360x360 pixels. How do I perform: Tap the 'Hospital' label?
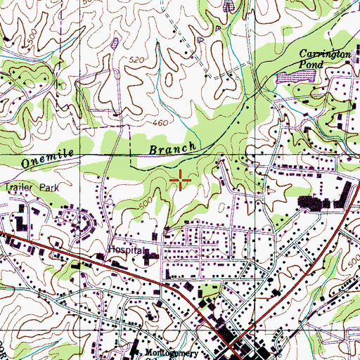(125, 250)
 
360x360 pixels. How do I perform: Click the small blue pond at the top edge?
(229, 6)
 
